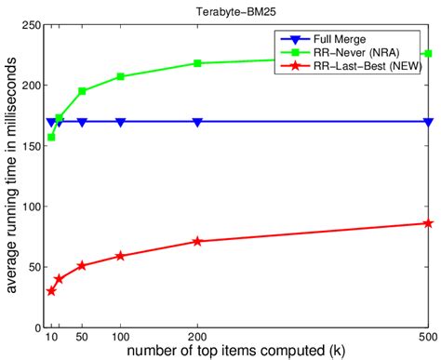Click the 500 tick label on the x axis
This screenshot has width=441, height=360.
[x=427, y=340]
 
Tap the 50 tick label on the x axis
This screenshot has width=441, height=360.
[x=82, y=340]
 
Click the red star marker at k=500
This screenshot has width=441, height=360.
[x=427, y=223]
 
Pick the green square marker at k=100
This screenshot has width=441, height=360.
[x=121, y=76]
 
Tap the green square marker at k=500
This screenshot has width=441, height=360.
[x=427, y=54]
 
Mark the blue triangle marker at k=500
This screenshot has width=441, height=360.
[x=427, y=122]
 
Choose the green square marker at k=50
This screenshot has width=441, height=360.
[x=82, y=91]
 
